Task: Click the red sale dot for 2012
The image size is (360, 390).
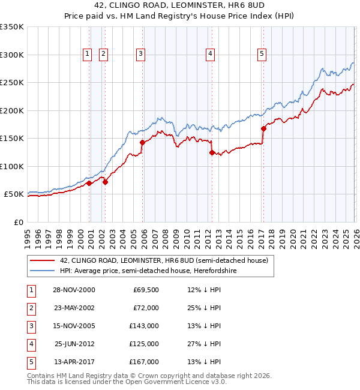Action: point(212,152)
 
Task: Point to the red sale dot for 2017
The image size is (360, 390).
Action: point(263,128)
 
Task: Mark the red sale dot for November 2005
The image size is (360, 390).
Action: point(142,142)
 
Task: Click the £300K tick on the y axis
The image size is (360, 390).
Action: point(12,55)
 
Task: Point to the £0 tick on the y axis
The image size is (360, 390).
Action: point(18,222)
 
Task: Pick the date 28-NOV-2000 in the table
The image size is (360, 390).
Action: point(74,290)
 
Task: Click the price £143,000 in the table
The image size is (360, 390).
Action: point(145,326)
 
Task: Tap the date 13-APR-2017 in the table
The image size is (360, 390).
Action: point(74,362)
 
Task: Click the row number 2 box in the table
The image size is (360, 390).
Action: point(30,308)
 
